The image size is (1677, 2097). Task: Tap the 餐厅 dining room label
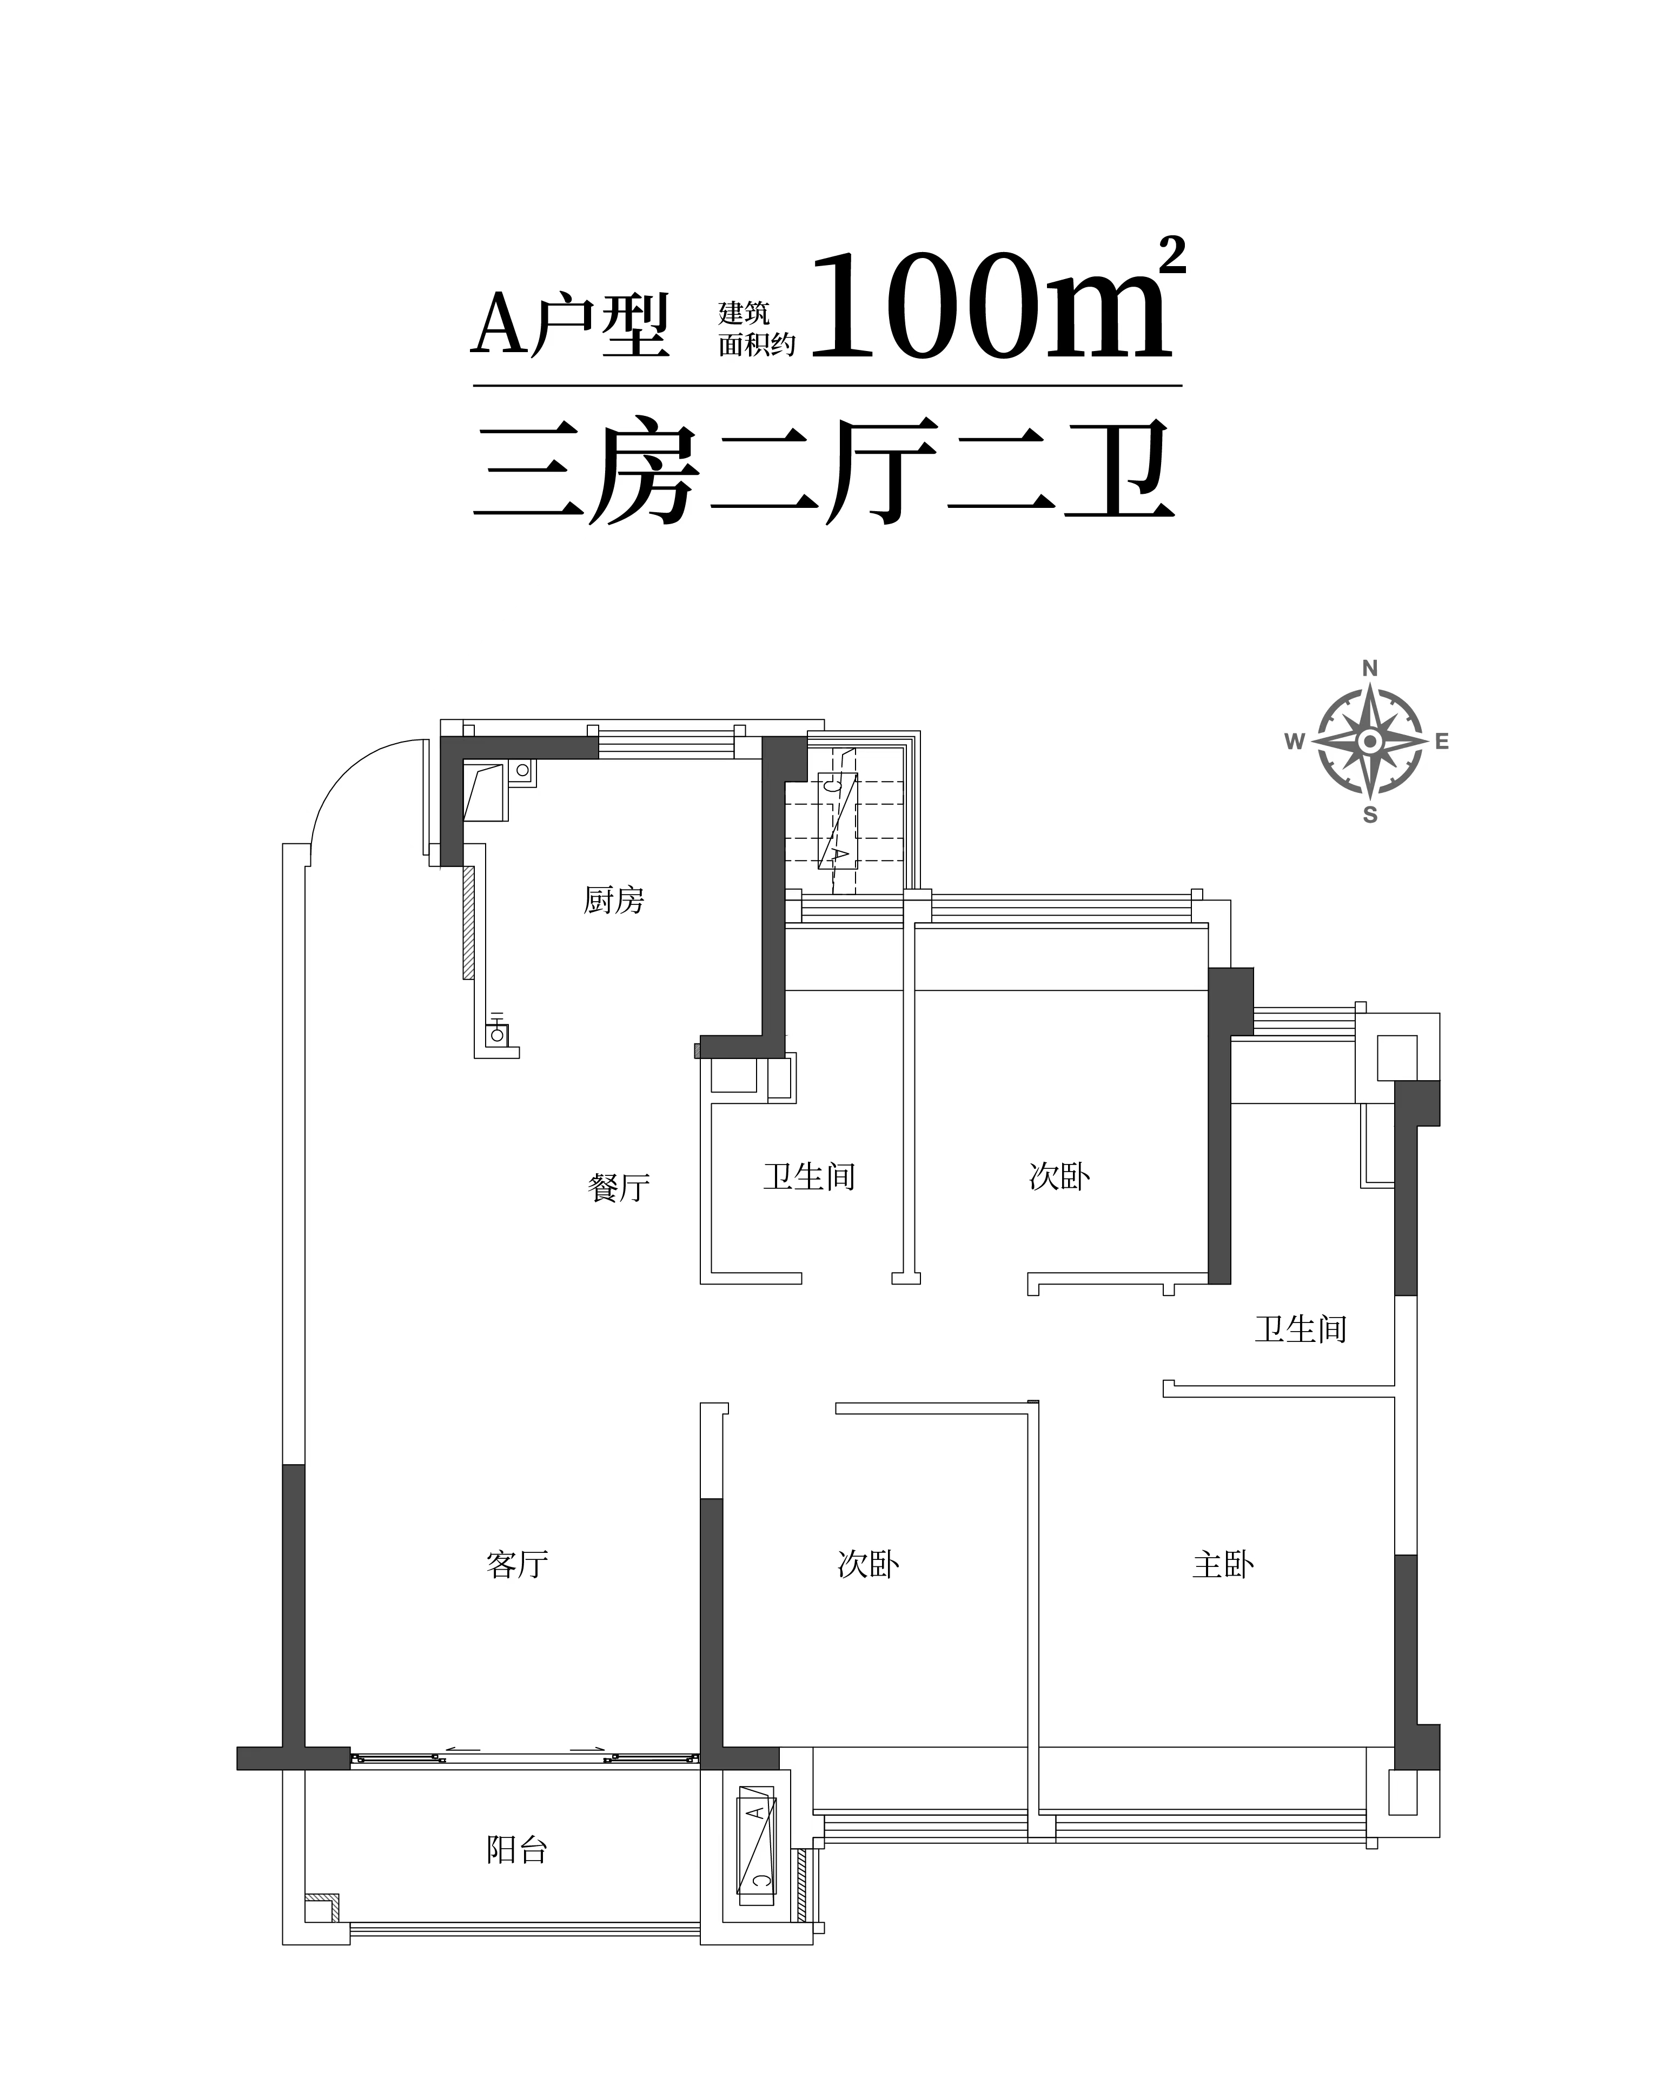pos(619,1188)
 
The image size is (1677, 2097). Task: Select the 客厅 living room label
pos(518,1564)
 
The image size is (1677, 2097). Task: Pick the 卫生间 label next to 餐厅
pos(810,1177)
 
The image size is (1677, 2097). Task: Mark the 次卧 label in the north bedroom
pos(1059,1177)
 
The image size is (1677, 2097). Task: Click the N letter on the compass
pos(1370,668)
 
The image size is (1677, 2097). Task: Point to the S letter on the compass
pos(1370,815)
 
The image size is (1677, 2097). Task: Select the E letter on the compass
pos(1442,742)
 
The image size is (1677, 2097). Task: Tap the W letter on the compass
pos(1295,742)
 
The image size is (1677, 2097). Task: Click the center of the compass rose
pos(1370,742)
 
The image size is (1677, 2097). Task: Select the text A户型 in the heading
pos(571,324)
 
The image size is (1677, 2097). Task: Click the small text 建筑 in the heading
pos(744,312)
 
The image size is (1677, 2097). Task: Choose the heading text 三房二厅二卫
pos(825,473)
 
